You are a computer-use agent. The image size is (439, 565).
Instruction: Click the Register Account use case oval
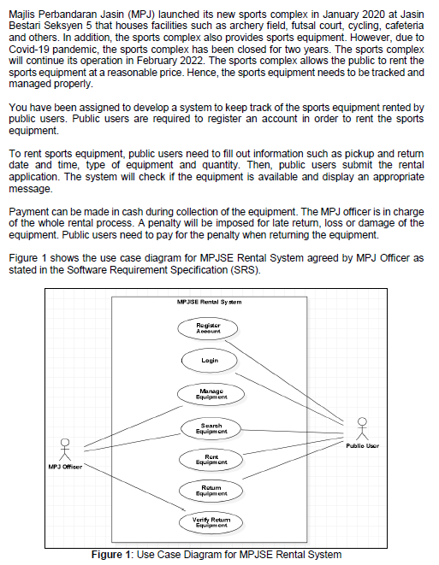(208, 328)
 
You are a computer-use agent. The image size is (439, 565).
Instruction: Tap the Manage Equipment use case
(208, 394)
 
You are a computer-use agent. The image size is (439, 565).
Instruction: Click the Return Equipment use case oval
(208, 490)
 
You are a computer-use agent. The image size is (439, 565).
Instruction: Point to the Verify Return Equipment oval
(210, 522)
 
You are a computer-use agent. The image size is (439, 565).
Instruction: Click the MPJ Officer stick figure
(64, 448)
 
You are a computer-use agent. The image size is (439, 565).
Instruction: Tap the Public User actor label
(363, 445)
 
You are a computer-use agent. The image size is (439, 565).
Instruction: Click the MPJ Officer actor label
(64, 467)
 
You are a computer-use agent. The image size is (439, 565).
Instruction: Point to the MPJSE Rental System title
(208, 302)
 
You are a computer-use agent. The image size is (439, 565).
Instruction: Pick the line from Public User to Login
(291, 394)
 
